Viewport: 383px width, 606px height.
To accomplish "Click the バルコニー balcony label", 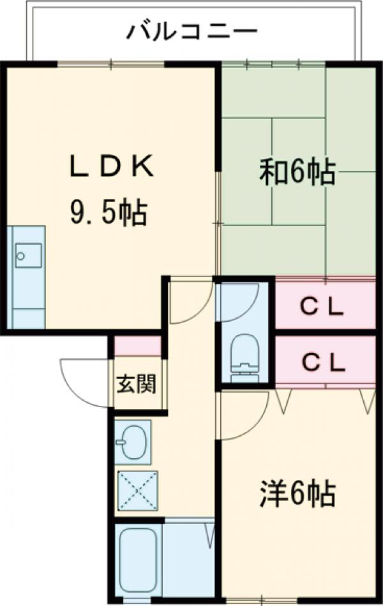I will tap(191, 30).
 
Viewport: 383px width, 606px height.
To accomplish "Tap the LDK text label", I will tap(111, 167).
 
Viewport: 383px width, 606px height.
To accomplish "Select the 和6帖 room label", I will tap(297, 172).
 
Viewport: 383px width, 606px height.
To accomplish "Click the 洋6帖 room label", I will tap(297, 493).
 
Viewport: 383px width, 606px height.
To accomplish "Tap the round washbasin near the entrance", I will tap(131, 440).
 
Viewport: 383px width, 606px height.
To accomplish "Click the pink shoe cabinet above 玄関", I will tap(137, 345).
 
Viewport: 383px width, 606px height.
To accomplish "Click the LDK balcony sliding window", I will tap(112, 63).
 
